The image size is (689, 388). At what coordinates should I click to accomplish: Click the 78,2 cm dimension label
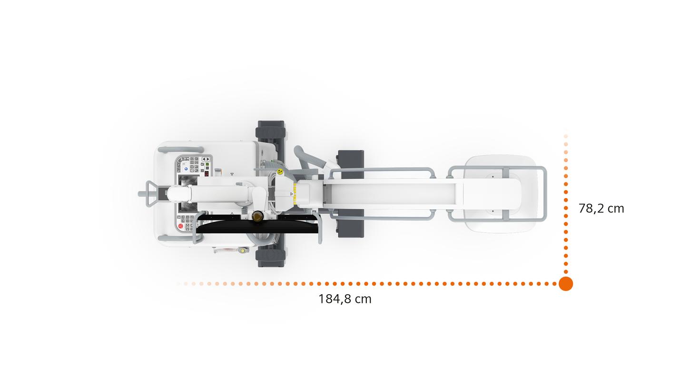[601, 209]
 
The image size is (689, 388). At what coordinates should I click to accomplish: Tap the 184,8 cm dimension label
[345, 299]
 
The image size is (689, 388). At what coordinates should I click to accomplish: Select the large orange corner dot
[566, 284]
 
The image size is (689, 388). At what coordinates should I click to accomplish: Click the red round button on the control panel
[180, 226]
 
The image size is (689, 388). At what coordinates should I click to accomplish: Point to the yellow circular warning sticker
[280, 172]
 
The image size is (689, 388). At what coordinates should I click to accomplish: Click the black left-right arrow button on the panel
[206, 159]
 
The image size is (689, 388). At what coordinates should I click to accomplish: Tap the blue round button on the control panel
[186, 169]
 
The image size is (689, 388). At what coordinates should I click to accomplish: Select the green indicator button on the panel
[207, 165]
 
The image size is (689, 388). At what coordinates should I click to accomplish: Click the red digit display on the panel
[207, 173]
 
